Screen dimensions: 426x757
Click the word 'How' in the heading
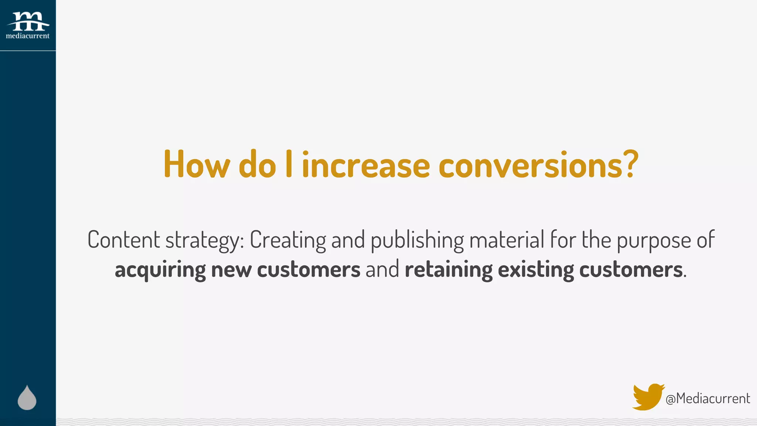[x=196, y=165]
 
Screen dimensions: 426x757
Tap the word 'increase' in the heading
[x=366, y=165]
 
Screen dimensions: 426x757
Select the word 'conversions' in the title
[x=531, y=165]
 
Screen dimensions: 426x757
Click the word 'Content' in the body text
[x=123, y=240]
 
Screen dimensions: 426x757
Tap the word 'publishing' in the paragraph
[x=417, y=240]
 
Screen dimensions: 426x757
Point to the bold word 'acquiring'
[x=160, y=270]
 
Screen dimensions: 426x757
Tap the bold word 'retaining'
[x=448, y=270]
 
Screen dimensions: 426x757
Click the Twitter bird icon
[x=648, y=397]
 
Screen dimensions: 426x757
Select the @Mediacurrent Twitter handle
[x=708, y=399]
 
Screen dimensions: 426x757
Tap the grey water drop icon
[x=27, y=398]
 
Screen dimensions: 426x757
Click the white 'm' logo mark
[x=28, y=21]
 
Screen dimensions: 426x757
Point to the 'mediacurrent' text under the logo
[x=28, y=36]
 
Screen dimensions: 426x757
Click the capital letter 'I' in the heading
[x=289, y=164]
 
